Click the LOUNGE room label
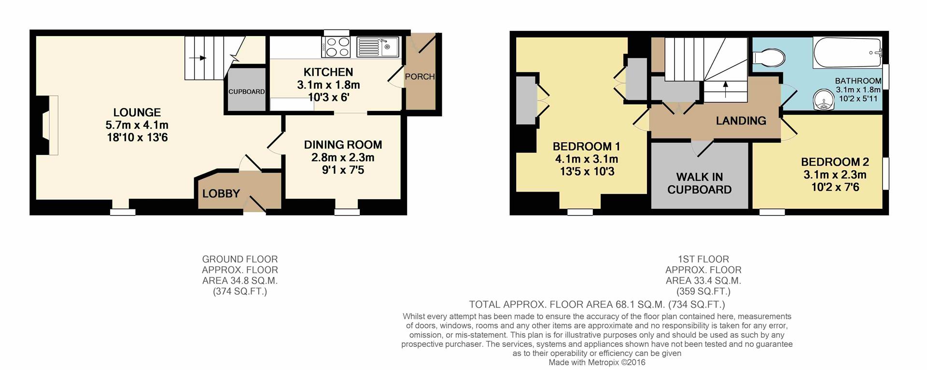137,112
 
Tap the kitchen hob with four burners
337,47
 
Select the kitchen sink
377,47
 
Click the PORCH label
420,77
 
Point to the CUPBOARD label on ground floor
246,92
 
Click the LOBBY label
221,193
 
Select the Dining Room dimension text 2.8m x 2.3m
343,157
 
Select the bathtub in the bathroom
847,53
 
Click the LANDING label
741,121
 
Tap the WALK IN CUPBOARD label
699,183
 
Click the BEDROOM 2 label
835,162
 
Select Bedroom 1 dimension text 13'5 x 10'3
587,172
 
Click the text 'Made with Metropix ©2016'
597,362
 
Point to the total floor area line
597,304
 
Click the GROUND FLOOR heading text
239,259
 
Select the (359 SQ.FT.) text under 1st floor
703,291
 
